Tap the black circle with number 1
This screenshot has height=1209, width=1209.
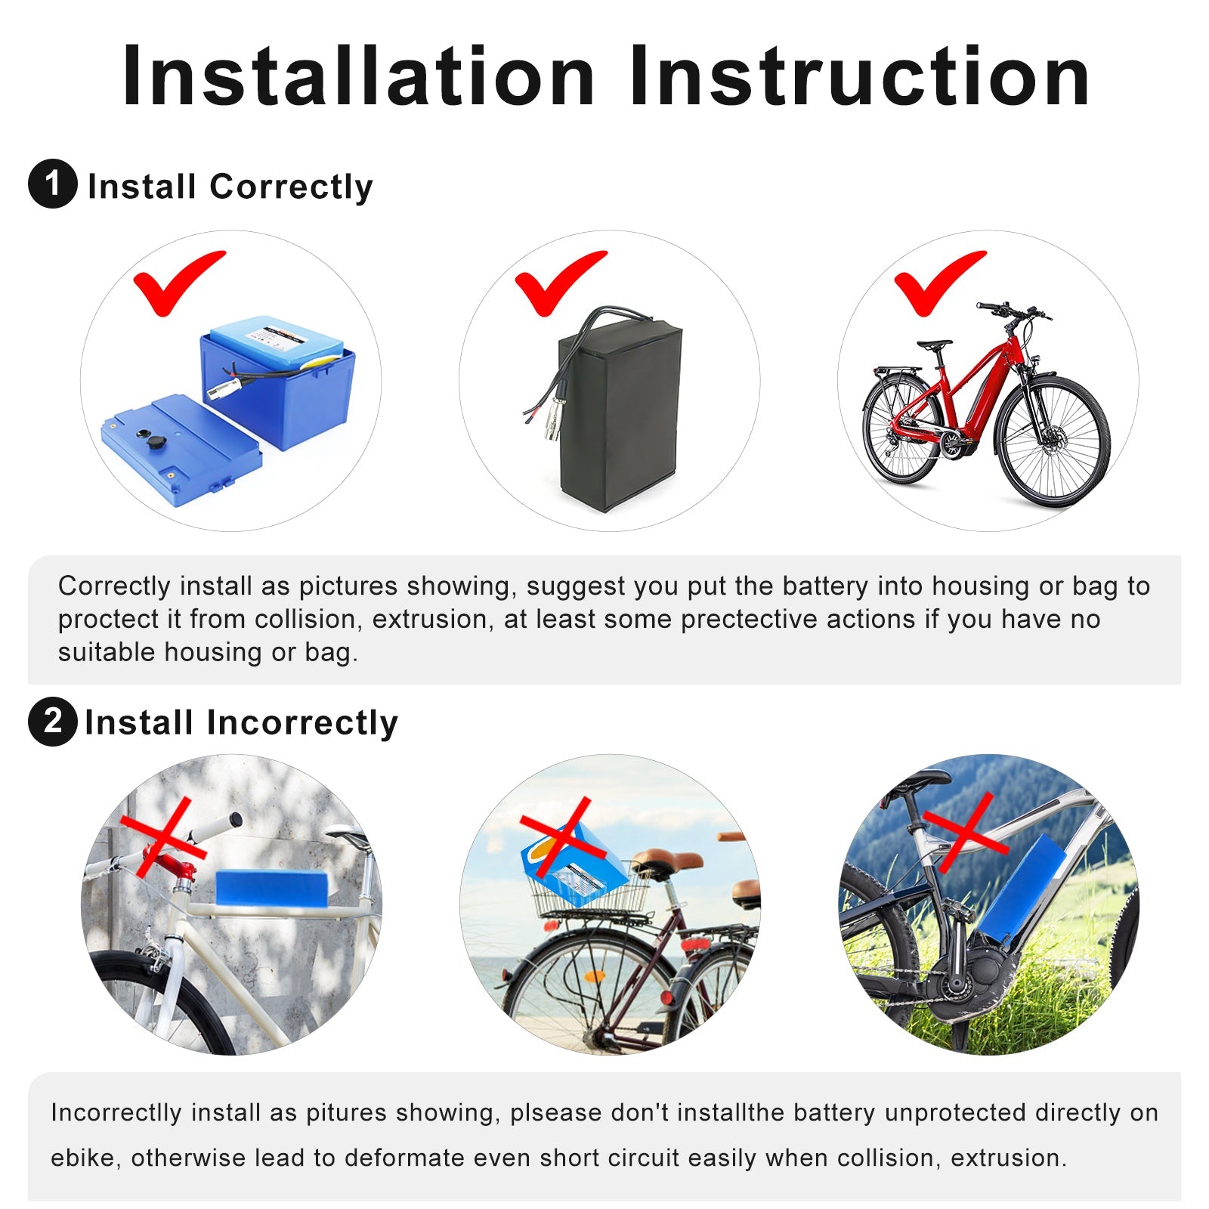point(52,184)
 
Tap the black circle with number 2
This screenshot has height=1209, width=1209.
point(52,722)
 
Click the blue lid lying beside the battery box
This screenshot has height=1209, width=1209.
point(181,450)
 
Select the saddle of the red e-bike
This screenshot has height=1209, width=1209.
point(934,345)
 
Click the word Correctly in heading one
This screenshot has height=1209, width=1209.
point(291,187)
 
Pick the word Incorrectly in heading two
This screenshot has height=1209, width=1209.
point(301,723)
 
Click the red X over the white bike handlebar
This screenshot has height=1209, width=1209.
point(164,839)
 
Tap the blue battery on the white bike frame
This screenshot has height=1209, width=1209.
point(272,886)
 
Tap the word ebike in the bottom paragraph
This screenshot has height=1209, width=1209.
point(82,1158)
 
